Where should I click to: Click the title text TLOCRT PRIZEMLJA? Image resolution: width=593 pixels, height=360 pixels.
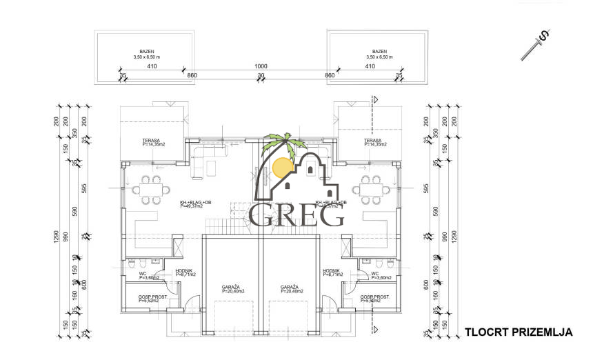pyautogui.click(x=518, y=332)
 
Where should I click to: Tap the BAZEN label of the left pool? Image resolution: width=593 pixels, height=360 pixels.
pyautogui.click(x=146, y=52)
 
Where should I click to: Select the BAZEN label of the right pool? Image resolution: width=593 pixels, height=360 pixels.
pyautogui.click(x=379, y=52)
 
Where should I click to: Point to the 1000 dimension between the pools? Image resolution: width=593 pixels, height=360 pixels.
pyautogui.click(x=261, y=67)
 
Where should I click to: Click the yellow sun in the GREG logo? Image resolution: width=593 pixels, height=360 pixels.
pyautogui.click(x=283, y=168)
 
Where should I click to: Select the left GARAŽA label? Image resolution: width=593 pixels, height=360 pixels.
pyautogui.click(x=230, y=286)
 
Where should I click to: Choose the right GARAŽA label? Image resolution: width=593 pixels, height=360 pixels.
pyautogui.click(x=289, y=286)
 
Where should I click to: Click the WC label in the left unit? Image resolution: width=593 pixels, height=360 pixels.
pyautogui.click(x=133, y=275)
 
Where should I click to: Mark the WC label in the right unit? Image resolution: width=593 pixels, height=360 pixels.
pyautogui.click(x=375, y=275)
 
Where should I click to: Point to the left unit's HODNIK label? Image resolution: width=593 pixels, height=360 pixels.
pyautogui.click(x=183, y=271)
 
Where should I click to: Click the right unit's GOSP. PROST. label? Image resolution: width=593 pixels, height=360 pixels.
pyautogui.click(x=375, y=297)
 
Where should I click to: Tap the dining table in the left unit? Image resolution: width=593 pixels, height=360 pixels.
pyautogui.click(x=152, y=189)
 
